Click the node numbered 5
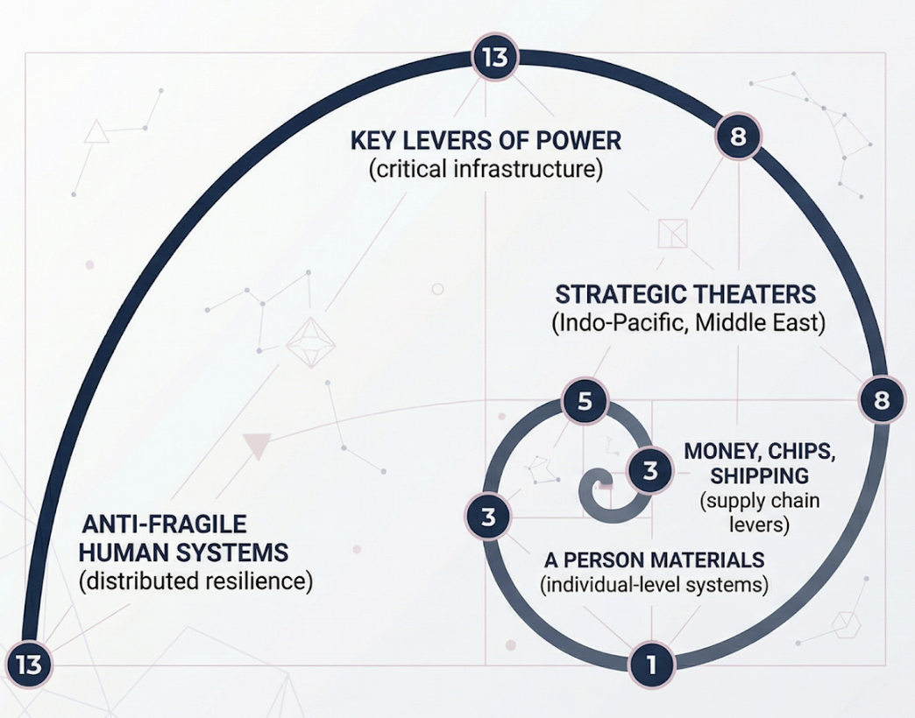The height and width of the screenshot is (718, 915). point(585,403)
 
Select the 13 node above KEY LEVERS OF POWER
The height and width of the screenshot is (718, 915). point(494,58)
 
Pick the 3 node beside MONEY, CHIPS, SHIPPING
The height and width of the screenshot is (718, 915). point(650,471)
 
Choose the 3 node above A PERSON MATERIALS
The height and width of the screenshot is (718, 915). point(488,517)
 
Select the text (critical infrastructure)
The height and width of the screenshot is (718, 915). point(486,168)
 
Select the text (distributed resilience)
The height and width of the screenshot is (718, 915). point(195,581)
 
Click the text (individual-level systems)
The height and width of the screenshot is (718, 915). point(655,584)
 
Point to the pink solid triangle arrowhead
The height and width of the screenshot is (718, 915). point(257,446)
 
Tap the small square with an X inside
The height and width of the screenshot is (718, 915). point(673,234)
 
